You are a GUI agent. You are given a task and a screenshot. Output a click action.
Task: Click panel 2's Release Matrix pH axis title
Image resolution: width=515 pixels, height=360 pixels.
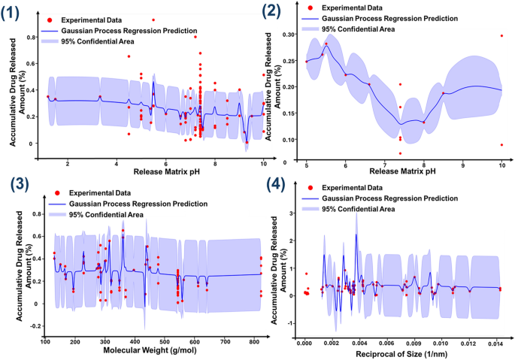click(x=404, y=171)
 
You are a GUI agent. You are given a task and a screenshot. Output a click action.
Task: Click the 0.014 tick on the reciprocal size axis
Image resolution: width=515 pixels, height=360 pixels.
click(x=495, y=343)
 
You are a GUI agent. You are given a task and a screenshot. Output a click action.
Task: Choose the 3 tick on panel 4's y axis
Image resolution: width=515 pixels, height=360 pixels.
click(x=294, y=214)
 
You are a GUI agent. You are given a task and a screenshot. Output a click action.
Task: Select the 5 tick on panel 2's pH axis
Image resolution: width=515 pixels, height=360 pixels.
click(x=307, y=163)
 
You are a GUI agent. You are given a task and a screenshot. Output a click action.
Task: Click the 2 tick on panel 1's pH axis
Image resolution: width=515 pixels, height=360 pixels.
click(x=68, y=163)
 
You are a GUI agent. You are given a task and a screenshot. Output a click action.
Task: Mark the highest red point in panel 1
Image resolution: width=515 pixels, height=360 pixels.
click(x=153, y=20)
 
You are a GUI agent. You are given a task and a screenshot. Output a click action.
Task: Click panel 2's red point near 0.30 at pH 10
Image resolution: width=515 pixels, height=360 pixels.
click(x=501, y=36)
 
